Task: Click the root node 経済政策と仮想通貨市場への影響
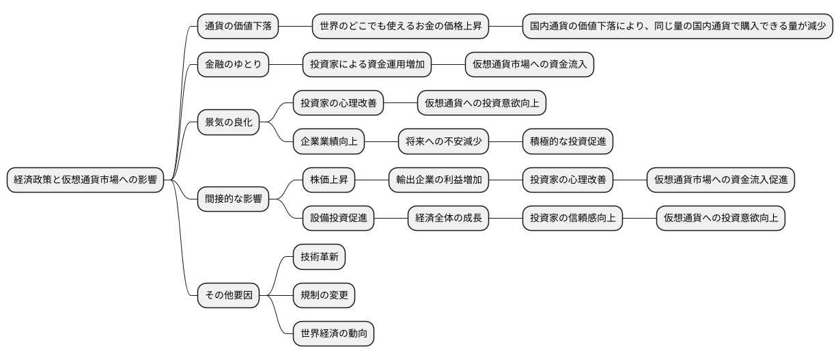click(85, 180)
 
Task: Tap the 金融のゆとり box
click(233, 65)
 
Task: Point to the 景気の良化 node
click(229, 123)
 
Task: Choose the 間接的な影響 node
click(233, 199)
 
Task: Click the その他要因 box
click(229, 296)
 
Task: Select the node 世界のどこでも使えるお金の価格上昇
click(401, 27)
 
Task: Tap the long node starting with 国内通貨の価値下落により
click(677, 27)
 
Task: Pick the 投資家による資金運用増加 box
click(367, 65)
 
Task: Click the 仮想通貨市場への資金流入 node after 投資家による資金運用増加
click(529, 65)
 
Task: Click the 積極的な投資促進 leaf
click(568, 142)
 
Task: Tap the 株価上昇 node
click(329, 180)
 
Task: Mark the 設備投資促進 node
click(339, 219)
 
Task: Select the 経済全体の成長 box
click(449, 219)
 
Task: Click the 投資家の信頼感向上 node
click(572, 219)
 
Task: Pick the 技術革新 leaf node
click(319, 258)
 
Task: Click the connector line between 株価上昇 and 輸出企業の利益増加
click(372, 180)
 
